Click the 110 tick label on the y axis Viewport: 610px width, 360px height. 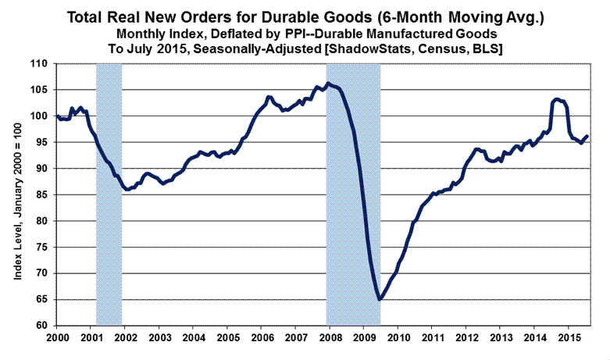point(41,63)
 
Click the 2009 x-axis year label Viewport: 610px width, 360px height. point(363,337)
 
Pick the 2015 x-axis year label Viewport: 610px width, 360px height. point(567,337)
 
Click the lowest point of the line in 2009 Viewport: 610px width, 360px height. point(380,299)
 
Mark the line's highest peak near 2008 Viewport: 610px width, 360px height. point(328,84)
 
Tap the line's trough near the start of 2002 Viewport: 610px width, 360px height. point(127,189)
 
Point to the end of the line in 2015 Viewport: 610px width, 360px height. point(587,136)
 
